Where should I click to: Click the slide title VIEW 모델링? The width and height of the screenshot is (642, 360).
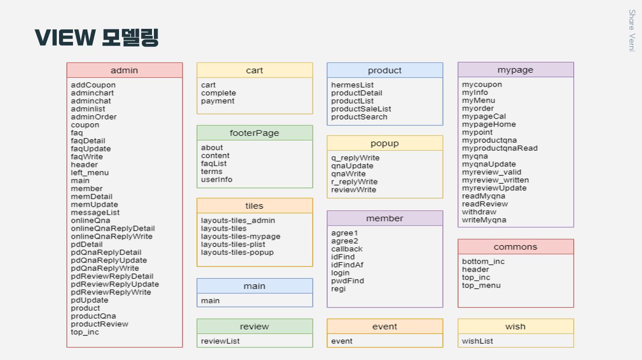[97, 38]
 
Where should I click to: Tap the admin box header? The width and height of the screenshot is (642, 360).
[124, 70]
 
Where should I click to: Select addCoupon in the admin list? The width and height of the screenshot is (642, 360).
[93, 85]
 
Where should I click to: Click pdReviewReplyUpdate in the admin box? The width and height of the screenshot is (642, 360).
[114, 284]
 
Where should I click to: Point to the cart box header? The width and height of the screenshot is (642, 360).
[254, 70]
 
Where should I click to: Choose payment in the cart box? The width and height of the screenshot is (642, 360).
[218, 101]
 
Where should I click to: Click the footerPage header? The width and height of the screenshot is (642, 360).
[254, 133]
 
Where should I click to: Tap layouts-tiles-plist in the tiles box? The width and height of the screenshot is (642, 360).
[233, 245]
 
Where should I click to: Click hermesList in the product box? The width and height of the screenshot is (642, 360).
[352, 85]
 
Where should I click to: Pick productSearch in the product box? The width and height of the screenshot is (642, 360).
[359, 117]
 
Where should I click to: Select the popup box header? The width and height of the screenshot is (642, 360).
[384, 143]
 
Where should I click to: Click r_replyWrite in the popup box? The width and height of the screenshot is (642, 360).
[354, 182]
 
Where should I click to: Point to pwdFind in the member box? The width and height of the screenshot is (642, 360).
[347, 281]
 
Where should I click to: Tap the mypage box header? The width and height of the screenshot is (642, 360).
[515, 70]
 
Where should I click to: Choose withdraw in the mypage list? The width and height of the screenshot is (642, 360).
[479, 212]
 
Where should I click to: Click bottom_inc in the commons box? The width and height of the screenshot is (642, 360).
[483, 261]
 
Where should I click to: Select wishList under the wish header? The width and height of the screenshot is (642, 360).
[477, 341]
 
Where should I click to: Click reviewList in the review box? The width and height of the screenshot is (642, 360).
[220, 341]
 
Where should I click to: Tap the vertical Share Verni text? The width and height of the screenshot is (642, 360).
[632, 31]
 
